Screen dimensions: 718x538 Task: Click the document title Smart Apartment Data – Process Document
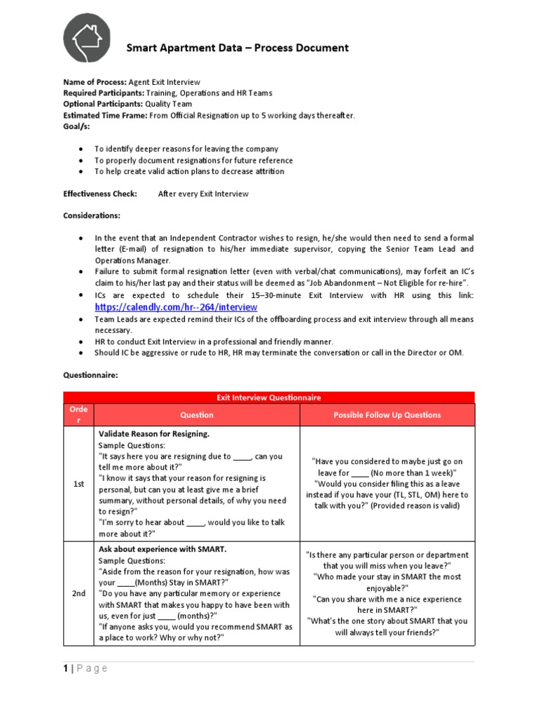coord(237,48)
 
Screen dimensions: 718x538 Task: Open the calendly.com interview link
coord(176,307)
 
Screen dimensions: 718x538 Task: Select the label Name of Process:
coord(95,82)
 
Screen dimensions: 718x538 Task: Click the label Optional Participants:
coord(103,104)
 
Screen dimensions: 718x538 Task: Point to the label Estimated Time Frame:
coord(104,115)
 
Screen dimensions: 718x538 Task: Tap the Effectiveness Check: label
coord(100,194)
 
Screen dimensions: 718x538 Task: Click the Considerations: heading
coord(92,215)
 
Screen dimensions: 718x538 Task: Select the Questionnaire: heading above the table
coord(90,375)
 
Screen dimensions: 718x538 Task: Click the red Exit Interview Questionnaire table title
coord(269,398)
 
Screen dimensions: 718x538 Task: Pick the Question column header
coord(197,414)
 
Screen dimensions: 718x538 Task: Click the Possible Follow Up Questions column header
coord(387,414)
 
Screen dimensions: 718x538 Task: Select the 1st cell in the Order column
coord(78,484)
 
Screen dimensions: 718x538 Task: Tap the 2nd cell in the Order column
coord(78,593)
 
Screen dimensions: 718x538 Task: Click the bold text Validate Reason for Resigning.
coord(153,434)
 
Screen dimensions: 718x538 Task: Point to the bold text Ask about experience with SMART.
coord(163,549)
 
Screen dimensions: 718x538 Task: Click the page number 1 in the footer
coord(66,668)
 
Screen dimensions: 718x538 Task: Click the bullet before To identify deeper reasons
coord(82,149)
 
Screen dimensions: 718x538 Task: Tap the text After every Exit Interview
coord(203,194)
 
